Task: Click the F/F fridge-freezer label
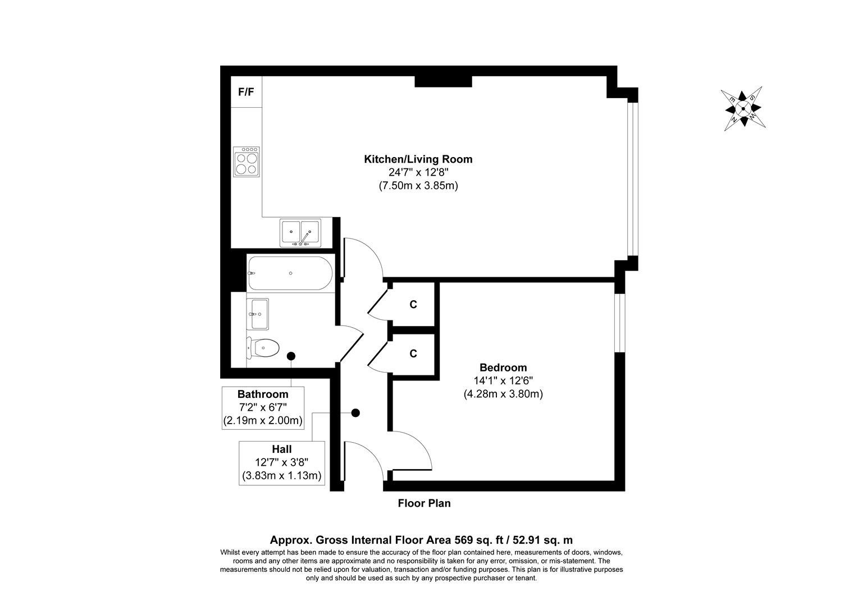point(246,92)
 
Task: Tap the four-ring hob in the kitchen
point(247,162)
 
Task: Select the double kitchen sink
point(300,233)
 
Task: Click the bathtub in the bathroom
point(289,273)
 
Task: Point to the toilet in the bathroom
point(263,348)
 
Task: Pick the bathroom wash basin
point(258,314)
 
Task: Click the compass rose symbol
point(743,109)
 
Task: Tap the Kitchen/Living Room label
point(418,159)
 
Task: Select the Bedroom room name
point(503,368)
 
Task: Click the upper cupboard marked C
point(413,305)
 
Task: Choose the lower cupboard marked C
point(413,353)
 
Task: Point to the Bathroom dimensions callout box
point(263,408)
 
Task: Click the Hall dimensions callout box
point(282,463)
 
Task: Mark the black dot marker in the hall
point(355,413)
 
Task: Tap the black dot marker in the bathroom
point(291,356)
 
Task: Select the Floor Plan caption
point(424,503)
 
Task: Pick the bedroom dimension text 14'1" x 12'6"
point(503,381)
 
